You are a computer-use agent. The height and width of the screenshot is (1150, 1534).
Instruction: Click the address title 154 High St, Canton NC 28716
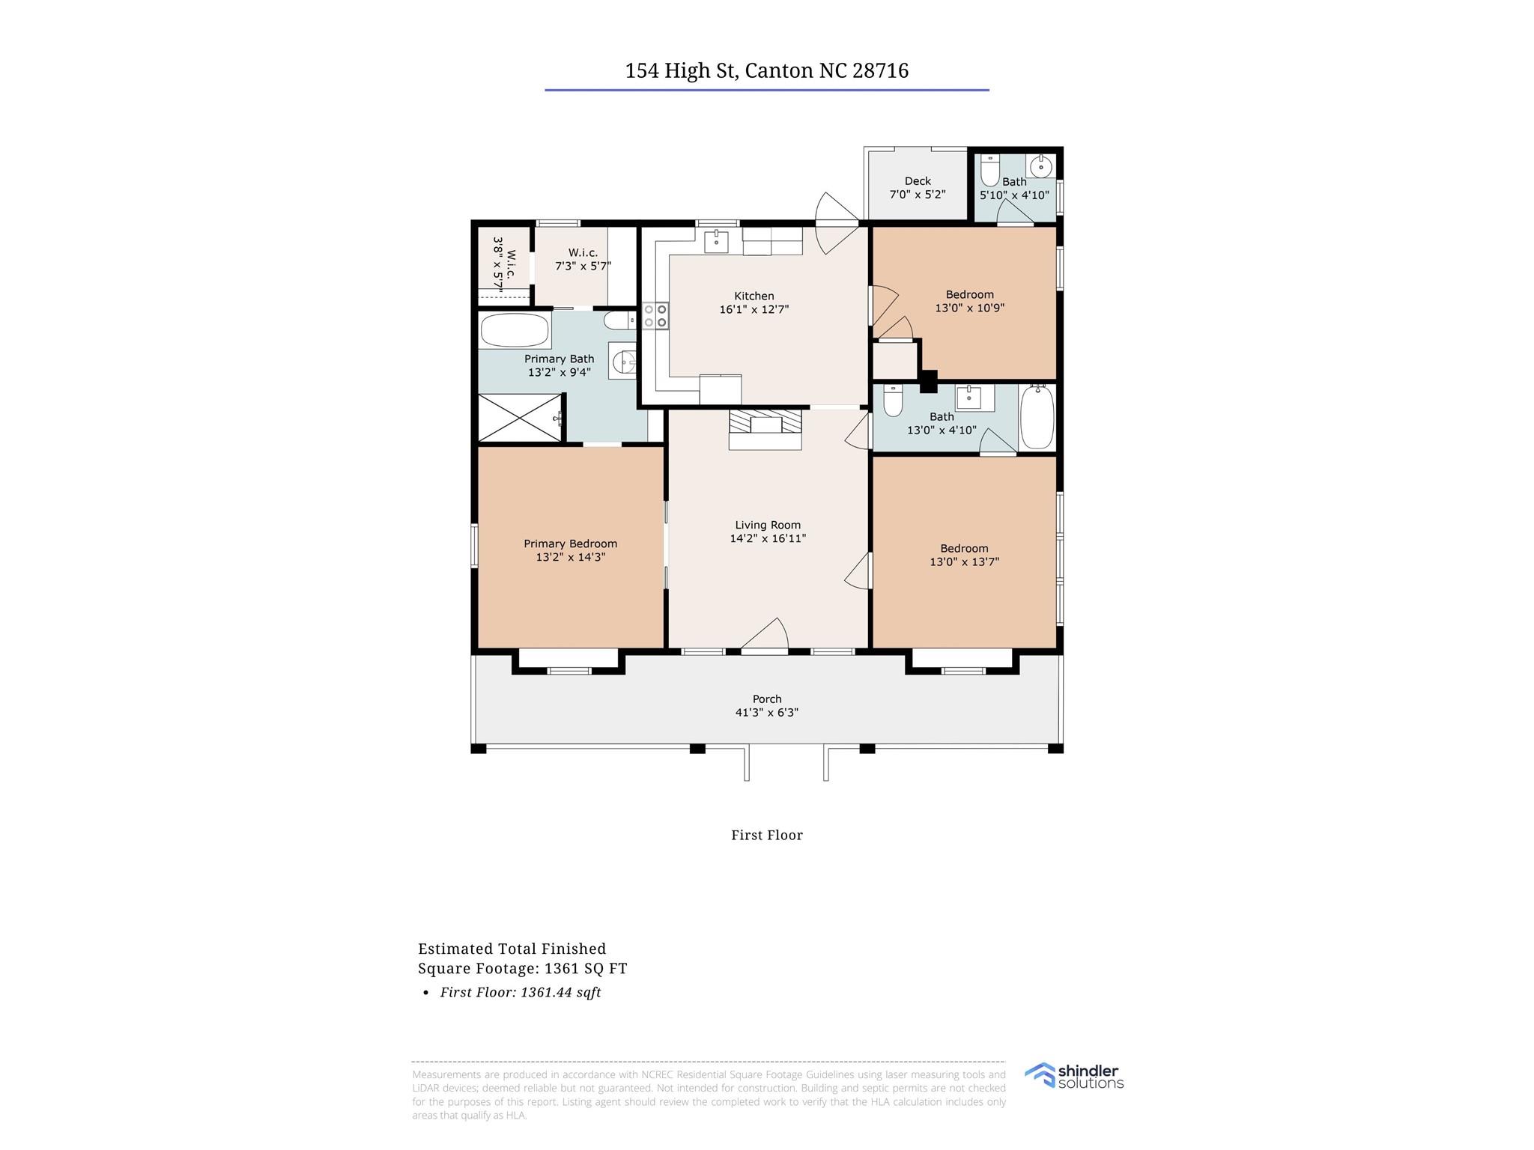(x=767, y=70)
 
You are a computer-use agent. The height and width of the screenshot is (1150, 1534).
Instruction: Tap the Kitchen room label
(x=754, y=296)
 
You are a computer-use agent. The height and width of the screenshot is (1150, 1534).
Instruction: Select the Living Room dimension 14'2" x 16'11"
(x=768, y=538)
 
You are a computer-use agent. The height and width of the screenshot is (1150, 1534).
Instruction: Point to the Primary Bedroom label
(x=570, y=544)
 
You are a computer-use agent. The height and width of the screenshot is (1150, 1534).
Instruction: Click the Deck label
(x=918, y=180)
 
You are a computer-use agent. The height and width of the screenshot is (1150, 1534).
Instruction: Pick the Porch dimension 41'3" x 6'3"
(x=767, y=713)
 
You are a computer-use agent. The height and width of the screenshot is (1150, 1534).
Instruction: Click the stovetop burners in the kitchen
(x=655, y=314)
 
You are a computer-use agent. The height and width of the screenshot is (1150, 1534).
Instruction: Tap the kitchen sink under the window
(x=716, y=240)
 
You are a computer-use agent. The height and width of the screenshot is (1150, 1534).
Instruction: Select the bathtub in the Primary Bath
(x=515, y=330)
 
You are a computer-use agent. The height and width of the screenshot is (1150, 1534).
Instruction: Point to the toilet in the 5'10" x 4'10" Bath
(x=989, y=169)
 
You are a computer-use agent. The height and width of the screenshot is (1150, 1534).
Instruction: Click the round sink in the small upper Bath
(x=1041, y=166)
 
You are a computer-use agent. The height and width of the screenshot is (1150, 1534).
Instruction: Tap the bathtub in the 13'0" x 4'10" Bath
(x=1037, y=416)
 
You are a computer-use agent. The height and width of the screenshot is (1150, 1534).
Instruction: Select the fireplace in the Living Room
(x=766, y=429)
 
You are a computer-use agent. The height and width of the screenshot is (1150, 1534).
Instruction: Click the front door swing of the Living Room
(x=765, y=636)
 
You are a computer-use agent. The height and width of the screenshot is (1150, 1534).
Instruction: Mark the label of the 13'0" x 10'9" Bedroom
(x=970, y=301)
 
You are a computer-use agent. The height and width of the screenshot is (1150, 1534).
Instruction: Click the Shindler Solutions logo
(x=1074, y=1076)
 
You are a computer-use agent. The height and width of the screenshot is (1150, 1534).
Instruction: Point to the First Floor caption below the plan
(x=767, y=835)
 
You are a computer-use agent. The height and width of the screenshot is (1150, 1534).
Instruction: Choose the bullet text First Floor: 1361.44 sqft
(x=521, y=992)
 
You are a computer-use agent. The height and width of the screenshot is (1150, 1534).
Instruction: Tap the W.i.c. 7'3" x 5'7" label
(x=583, y=259)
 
